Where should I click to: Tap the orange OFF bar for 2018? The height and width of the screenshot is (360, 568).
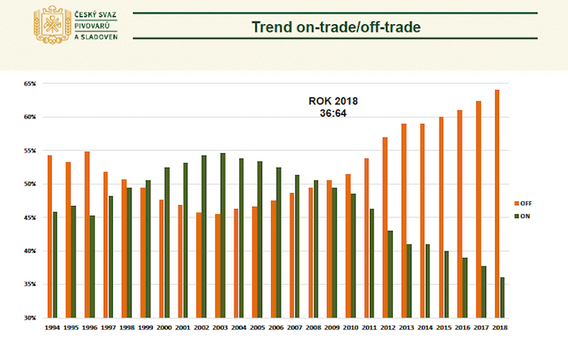(497, 204)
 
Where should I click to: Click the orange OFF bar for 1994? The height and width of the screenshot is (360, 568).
(49, 236)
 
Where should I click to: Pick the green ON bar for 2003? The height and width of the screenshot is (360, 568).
(223, 235)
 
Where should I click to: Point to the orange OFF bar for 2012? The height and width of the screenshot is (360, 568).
(385, 227)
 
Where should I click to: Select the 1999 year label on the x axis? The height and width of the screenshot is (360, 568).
(145, 328)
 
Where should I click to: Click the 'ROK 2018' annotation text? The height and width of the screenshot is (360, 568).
(333, 101)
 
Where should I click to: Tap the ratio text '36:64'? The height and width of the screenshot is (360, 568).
(333, 114)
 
